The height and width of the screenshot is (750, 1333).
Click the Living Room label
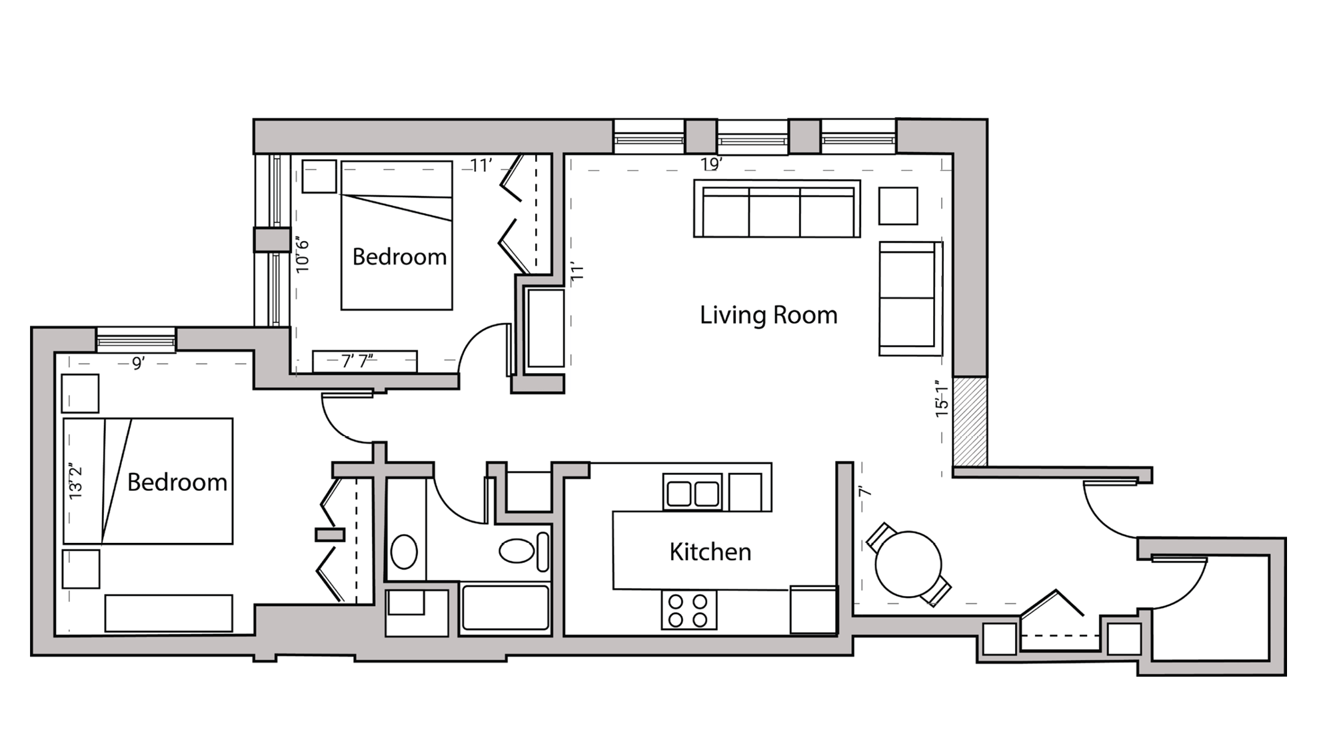pos(768,315)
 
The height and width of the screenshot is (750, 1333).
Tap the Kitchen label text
pos(710,552)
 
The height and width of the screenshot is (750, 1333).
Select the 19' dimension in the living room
pos(711,164)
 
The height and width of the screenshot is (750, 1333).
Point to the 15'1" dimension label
pos(941,398)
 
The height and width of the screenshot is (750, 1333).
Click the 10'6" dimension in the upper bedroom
pos(303,254)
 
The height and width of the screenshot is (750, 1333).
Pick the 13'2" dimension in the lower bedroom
pos(76,482)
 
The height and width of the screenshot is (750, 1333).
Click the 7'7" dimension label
pos(357,361)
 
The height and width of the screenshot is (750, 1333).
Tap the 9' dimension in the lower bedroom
pos(138,364)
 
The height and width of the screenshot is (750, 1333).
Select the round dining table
pos(907,564)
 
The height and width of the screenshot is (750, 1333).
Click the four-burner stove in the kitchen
pos(688,610)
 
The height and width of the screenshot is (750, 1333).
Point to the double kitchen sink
pos(692,494)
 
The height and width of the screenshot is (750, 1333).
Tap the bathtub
pos(505,607)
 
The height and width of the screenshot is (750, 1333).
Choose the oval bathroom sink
pos(404,552)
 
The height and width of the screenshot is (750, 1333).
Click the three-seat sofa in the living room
pos(776,208)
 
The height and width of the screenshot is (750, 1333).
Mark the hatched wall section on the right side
pos(969,422)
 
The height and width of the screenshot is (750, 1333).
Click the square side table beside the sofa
pos(898,206)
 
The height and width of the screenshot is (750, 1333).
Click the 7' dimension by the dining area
pos(864,492)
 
